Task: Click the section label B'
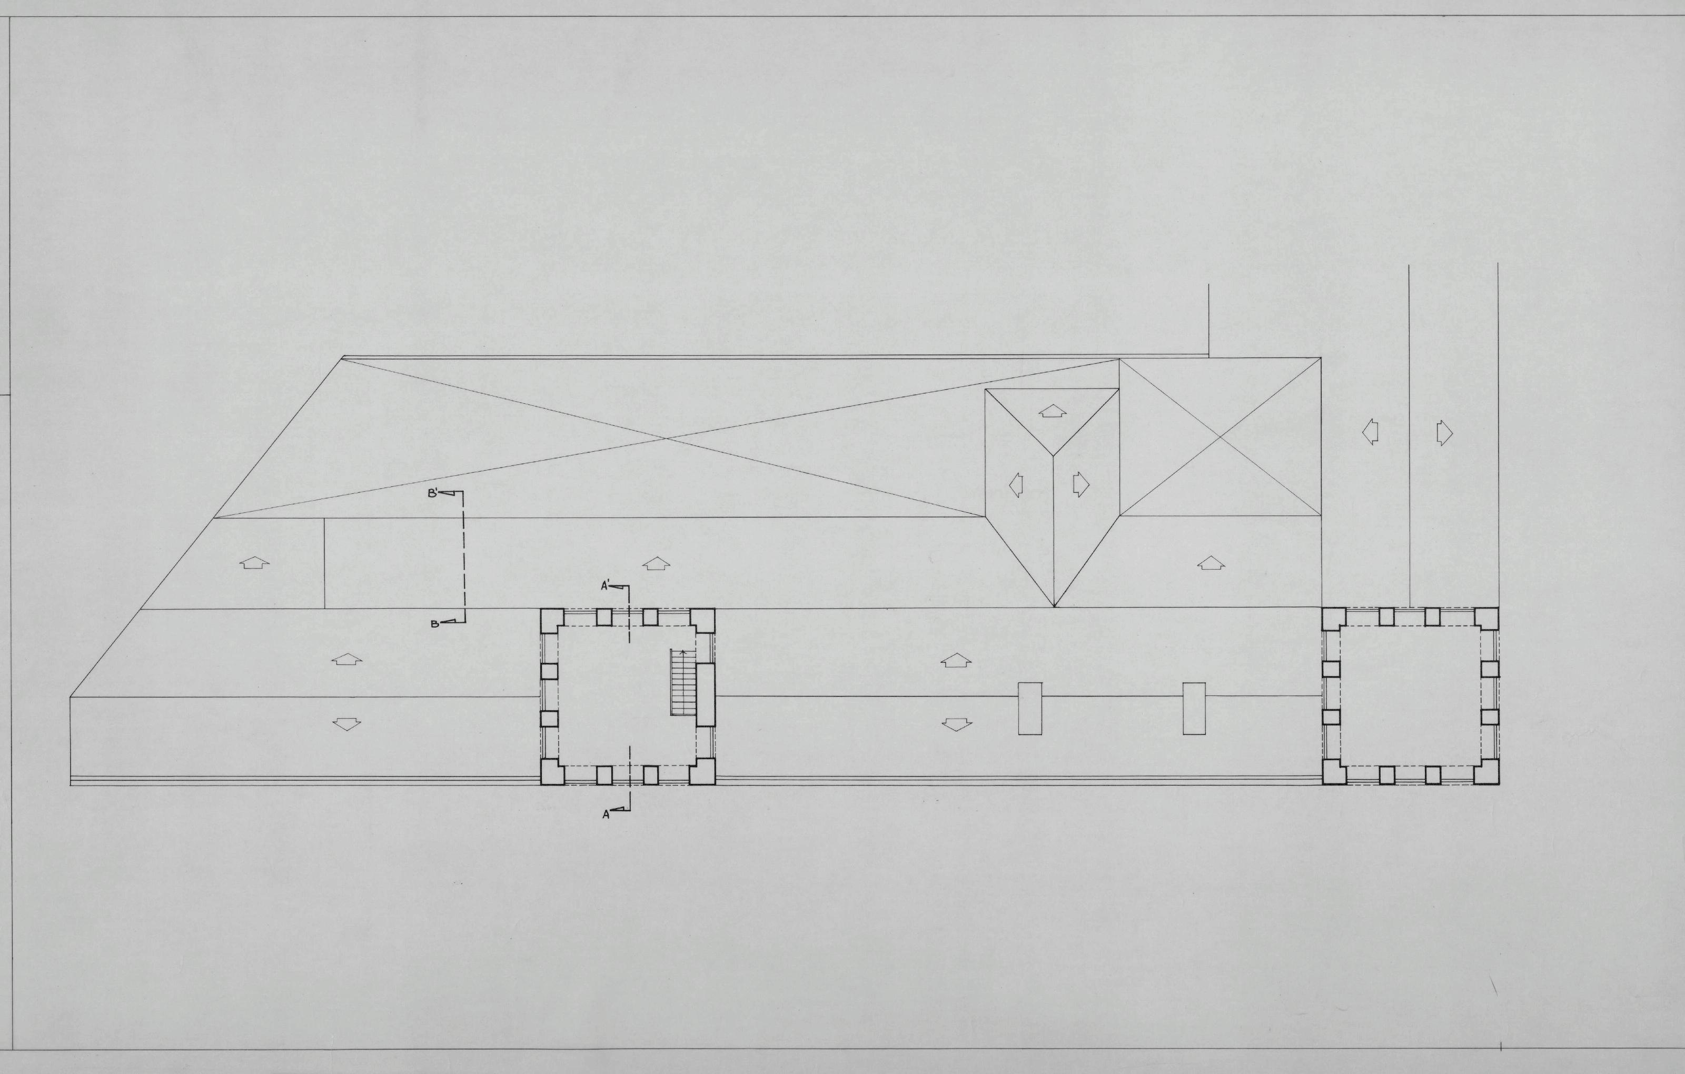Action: pyautogui.click(x=434, y=493)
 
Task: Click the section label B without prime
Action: pyautogui.click(x=434, y=623)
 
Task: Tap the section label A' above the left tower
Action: pyautogui.click(x=606, y=586)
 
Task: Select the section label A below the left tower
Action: pyautogui.click(x=606, y=814)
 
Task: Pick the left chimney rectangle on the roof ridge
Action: pyautogui.click(x=1030, y=708)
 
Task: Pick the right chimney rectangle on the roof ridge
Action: pyautogui.click(x=1194, y=708)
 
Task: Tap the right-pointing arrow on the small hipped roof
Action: pyautogui.click(x=1082, y=483)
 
